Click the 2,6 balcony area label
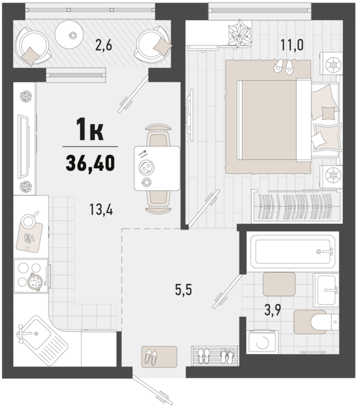104,45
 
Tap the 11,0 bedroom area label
292,45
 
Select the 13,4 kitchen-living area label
101,209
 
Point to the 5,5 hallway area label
184,290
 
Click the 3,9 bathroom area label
273,310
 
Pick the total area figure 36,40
90,162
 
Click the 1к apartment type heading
90,129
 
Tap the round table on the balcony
69,34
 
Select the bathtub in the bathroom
293,252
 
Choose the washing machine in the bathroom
263,342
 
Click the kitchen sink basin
35,334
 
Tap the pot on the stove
35,281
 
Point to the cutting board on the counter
29,237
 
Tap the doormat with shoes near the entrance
159,357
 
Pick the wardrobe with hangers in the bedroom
296,206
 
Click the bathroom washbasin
326,290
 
